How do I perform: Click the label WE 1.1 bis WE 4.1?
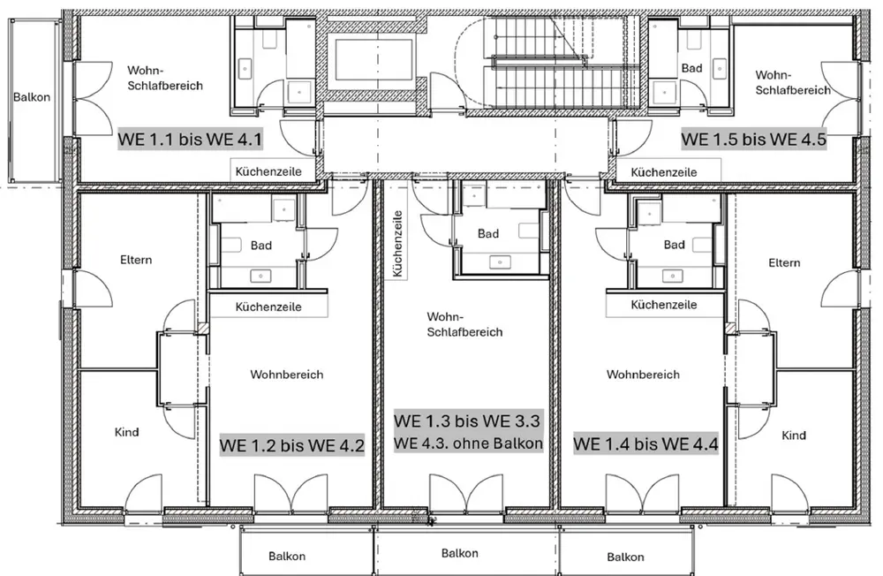pos(190,139)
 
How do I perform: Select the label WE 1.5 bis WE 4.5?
pos(753,140)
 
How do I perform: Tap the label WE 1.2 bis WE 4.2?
pos(291,445)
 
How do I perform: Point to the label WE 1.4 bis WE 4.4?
pos(645,444)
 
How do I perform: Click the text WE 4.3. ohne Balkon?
pos(468,443)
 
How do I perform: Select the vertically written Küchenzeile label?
pos(397,244)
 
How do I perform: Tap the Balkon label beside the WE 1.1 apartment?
pos(32,97)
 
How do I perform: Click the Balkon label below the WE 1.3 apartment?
pos(459,553)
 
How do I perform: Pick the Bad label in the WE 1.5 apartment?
pos(691,68)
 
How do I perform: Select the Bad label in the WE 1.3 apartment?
pos(488,233)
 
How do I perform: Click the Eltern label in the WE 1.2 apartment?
pos(136,260)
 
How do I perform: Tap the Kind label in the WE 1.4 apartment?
pos(794,436)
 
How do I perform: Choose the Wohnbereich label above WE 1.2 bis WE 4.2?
pos(287,375)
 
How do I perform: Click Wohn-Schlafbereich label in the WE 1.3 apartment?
pos(464,324)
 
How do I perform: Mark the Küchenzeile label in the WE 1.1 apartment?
pos(268,171)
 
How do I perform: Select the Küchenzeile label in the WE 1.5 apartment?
pos(664,172)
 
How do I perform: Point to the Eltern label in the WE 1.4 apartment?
pos(784,262)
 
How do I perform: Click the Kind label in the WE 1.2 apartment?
pos(126,432)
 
